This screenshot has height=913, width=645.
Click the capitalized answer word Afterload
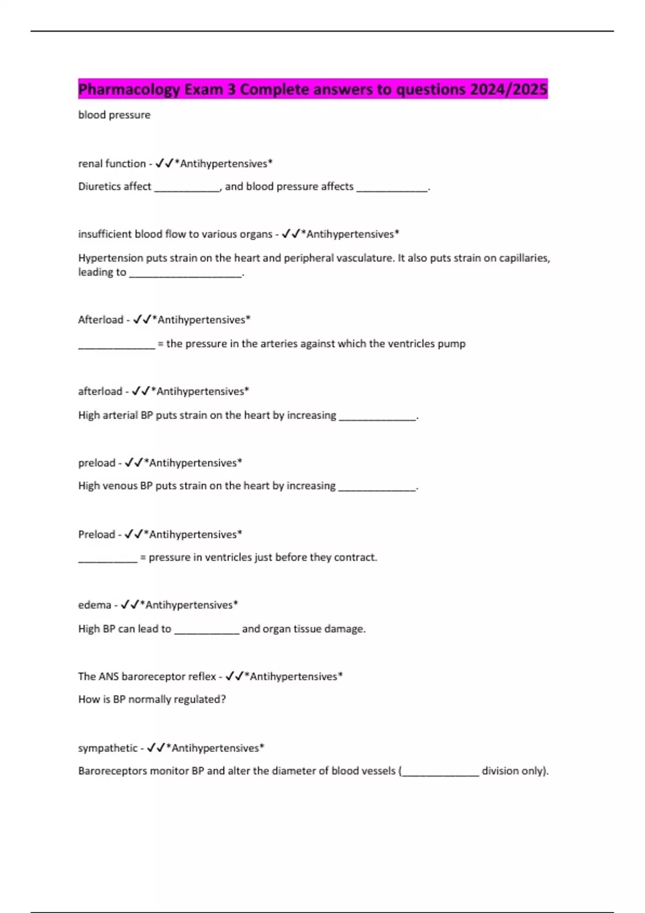tap(101, 320)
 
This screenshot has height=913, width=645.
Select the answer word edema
tap(95, 605)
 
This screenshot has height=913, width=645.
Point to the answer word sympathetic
tap(107, 748)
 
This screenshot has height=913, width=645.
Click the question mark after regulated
tap(223, 699)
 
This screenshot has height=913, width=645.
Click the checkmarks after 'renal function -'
tap(164, 164)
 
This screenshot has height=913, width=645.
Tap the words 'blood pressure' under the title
tap(114, 115)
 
